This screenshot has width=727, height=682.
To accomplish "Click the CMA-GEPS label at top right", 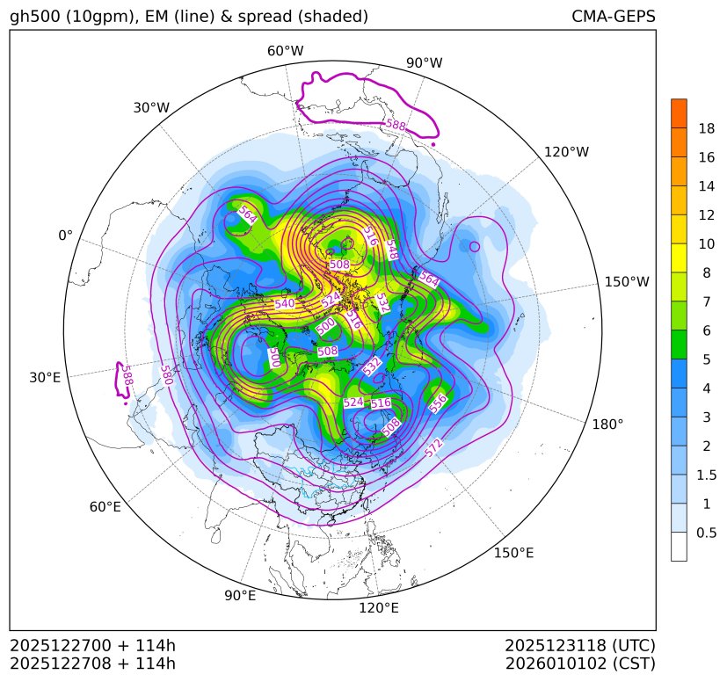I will [613, 17].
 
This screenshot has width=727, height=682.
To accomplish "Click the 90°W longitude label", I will [425, 63].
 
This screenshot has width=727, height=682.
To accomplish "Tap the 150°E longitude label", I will [514, 553].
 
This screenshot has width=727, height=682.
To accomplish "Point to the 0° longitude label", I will [65, 236].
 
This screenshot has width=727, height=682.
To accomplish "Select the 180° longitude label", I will [607, 424].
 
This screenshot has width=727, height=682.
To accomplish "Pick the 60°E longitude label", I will [105, 507].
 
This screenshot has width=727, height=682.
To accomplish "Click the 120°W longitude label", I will [567, 152].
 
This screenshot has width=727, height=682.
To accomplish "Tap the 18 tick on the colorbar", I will [706, 128].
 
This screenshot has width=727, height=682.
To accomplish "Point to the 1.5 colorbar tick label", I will [707, 475].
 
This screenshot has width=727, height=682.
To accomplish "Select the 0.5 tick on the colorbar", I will [707, 533].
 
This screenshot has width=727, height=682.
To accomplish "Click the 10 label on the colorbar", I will [706, 243].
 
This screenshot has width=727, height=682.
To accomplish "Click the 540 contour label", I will [285, 304].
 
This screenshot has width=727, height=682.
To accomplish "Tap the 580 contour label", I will [166, 374].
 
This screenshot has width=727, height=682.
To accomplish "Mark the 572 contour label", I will [433, 448].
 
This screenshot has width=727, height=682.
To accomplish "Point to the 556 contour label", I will [438, 403].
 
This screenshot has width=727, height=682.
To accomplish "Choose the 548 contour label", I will [391, 249].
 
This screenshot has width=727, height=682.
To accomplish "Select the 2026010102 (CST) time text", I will [580, 663].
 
